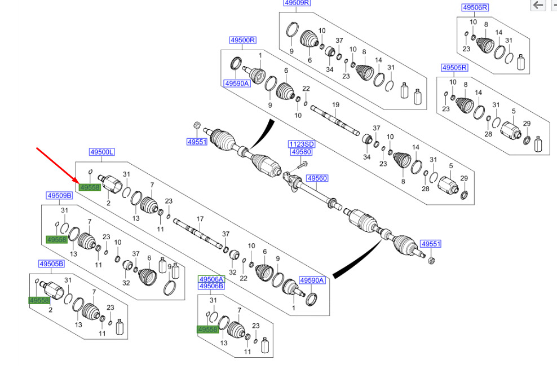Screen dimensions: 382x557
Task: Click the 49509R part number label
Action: [297, 3]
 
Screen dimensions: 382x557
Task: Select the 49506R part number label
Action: [475, 7]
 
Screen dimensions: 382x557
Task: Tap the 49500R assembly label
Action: [242, 40]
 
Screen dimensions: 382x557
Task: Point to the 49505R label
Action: [454, 68]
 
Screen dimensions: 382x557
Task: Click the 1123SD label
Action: [301, 144]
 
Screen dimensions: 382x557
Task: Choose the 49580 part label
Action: [301, 152]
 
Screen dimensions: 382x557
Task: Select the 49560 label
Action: [317, 178]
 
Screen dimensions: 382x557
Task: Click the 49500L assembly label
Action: [102, 152]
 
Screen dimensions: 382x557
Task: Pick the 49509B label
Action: [59, 196]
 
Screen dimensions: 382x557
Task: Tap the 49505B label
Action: [51, 264]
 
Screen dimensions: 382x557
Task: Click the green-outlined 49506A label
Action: [211, 279]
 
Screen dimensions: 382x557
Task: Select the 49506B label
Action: [211, 287]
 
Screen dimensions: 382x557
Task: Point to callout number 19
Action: [335, 105]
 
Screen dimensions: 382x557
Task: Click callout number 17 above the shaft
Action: [199, 219]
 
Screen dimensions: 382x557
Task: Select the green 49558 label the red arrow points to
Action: [89, 187]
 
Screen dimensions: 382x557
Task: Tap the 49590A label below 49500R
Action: [236, 83]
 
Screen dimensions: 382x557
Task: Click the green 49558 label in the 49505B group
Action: [39, 301]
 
